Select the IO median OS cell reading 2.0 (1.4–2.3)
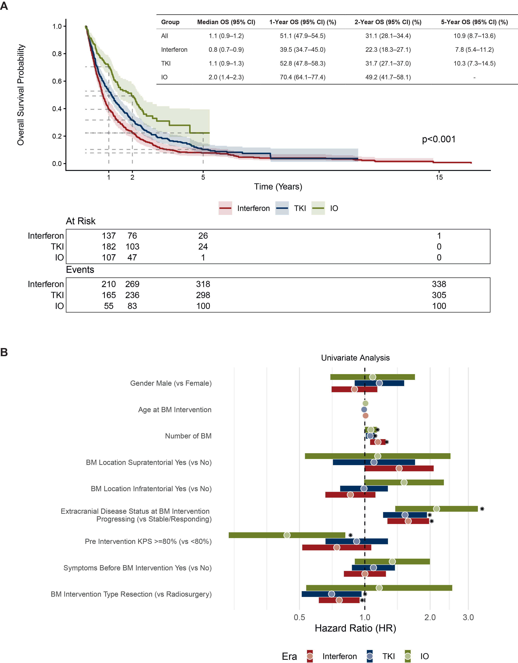click(x=226, y=77)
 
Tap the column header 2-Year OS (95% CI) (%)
click(x=388, y=22)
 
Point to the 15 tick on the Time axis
click(x=439, y=177)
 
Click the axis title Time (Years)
click(x=278, y=187)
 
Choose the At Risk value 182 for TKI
click(x=109, y=246)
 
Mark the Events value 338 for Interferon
click(x=439, y=284)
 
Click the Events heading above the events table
click(x=80, y=270)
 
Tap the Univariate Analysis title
click(x=355, y=358)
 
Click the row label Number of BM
click(x=188, y=436)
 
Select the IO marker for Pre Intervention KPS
click(x=287, y=535)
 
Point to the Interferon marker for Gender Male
click(x=354, y=389)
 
